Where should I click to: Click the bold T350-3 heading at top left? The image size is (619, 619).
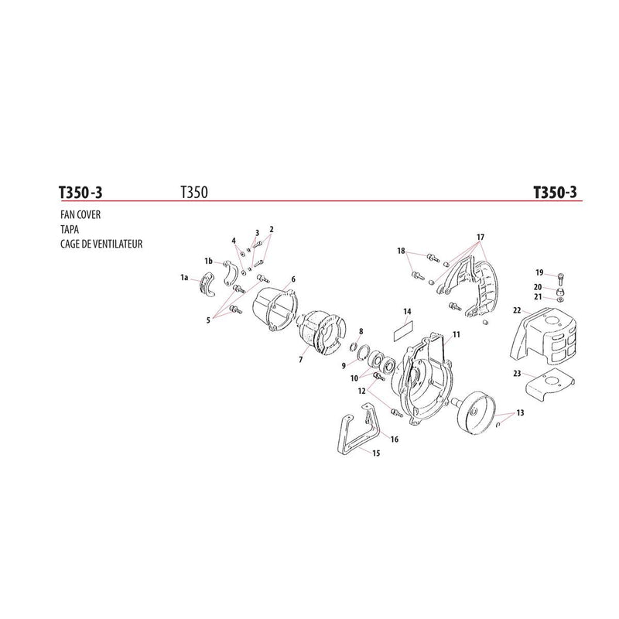tap(80, 193)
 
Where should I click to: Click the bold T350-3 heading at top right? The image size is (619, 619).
tap(555, 192)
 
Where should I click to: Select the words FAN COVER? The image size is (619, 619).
tap(80, 215)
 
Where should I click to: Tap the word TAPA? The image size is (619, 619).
tap(70, 229)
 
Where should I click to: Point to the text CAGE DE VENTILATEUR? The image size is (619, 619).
tap(101, 244)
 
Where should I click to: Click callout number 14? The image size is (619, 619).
tap(408, 312)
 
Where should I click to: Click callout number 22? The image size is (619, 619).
tap(517, 311)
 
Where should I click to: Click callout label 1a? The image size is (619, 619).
tap(184, 278)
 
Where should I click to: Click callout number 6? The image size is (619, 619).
tap(293, 279)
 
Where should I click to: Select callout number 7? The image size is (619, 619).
tap(301, 360)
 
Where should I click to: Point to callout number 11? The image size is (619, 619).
tap(457, 335)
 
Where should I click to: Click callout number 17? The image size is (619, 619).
tap(480, 238)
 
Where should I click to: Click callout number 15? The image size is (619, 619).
tap(376, 453)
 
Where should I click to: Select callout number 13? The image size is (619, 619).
tap(520, 413)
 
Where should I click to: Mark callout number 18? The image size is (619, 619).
tap(401, 251)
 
